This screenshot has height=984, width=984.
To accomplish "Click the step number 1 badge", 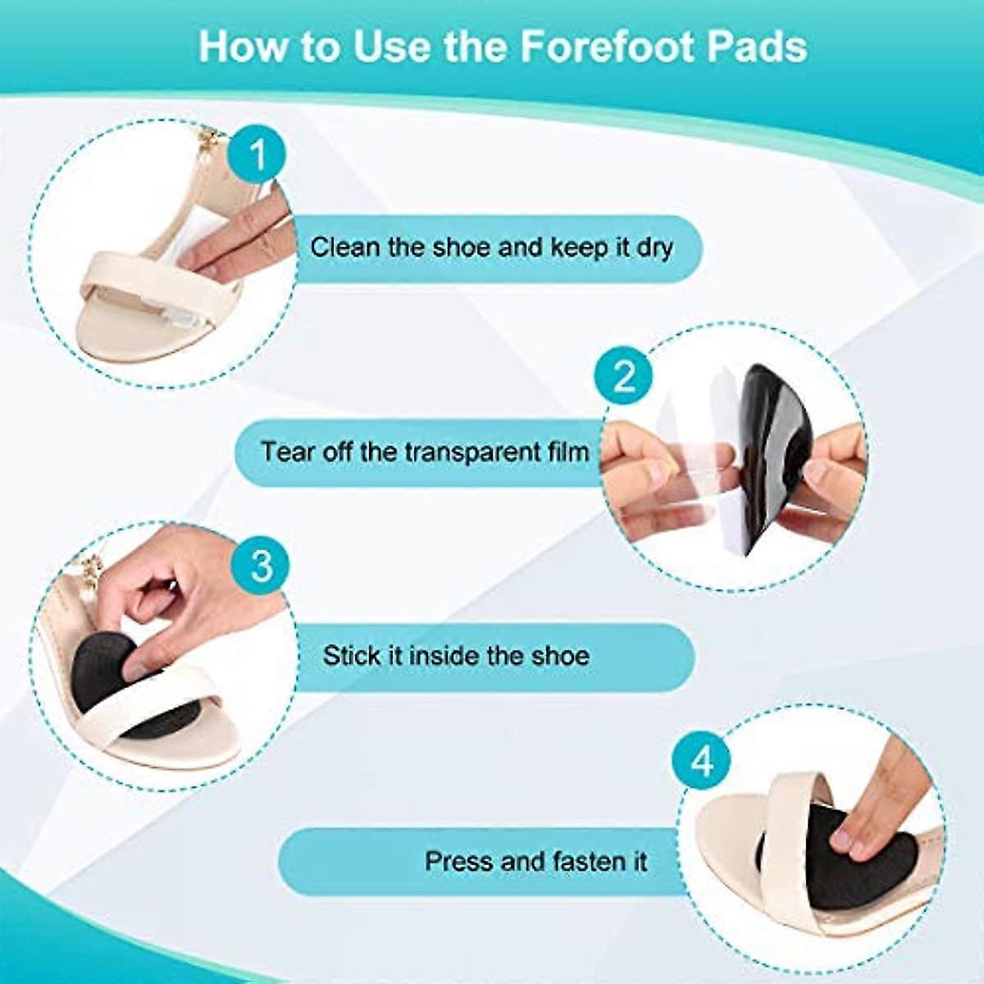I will (x=257, y=153).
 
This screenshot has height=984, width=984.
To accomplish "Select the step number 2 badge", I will (x=625, y=377).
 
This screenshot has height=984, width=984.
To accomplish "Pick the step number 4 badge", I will (x=702, y=762).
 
